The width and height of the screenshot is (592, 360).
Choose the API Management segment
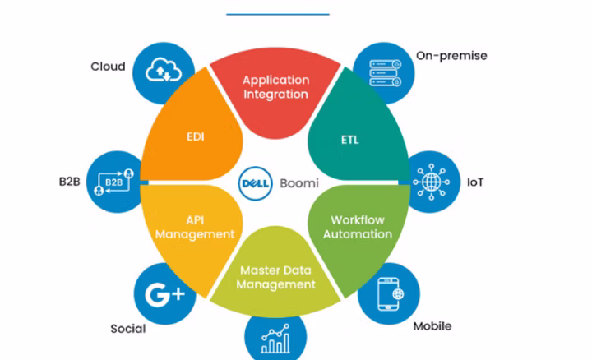[x=194, y=227]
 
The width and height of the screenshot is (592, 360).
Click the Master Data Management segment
[x=277, y=277]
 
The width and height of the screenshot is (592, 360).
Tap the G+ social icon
[x=164, y=293]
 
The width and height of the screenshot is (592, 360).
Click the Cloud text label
[x=108, y=66]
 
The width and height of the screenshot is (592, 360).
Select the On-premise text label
[x=451, y=56]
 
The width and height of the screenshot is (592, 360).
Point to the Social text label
[x=128, y=329]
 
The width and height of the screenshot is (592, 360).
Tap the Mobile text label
[x=432, y=326]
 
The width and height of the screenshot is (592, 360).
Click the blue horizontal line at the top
[x=277, y=14]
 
